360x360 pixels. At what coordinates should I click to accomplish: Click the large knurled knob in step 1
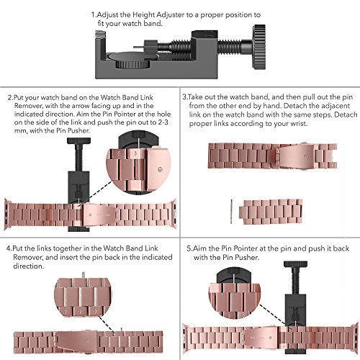tap(258, 48)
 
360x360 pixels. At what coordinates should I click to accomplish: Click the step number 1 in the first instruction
tap(94, 15)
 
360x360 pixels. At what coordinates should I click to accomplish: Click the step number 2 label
tap(10, 98)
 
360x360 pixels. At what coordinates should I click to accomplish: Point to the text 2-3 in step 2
tap(163, 122)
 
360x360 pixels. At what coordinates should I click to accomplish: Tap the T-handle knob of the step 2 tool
tap(78, 140)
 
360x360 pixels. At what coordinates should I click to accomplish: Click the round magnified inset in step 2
tap(138, 163)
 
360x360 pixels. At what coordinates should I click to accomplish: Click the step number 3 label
tap(184, 97)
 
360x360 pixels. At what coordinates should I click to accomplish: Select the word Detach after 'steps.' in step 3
tap(346, 114)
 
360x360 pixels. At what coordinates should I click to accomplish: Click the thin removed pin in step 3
tap(231, 212)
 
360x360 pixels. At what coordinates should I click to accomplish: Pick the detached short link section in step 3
tap(271, 212)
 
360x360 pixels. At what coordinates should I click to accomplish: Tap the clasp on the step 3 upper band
tap(295, 156)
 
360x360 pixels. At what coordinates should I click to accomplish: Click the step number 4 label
tap(9, 248)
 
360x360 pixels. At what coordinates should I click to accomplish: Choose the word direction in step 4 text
tap(28, 266)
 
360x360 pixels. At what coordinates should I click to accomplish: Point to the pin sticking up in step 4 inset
tap(83, 275)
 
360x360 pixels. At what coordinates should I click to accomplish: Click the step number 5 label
tap(189, 248)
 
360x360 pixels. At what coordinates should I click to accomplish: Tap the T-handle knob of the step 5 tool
tap(295, 264)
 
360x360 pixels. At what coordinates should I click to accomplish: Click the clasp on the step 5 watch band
tap(261, 337)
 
